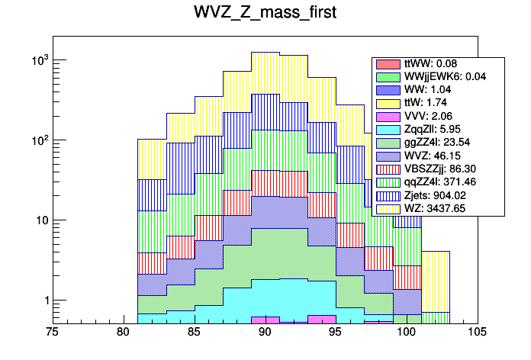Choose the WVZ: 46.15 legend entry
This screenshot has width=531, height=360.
click(x=436, y=156)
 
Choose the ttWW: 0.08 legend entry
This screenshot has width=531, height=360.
click(x=434, y=64)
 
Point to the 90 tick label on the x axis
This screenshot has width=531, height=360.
click(x=265, y=333)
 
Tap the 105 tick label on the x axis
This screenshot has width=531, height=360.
click(x=476, y=333)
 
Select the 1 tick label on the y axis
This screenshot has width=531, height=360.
click(x=43, y=301)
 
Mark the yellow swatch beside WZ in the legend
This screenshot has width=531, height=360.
click(x=388, y=208)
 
